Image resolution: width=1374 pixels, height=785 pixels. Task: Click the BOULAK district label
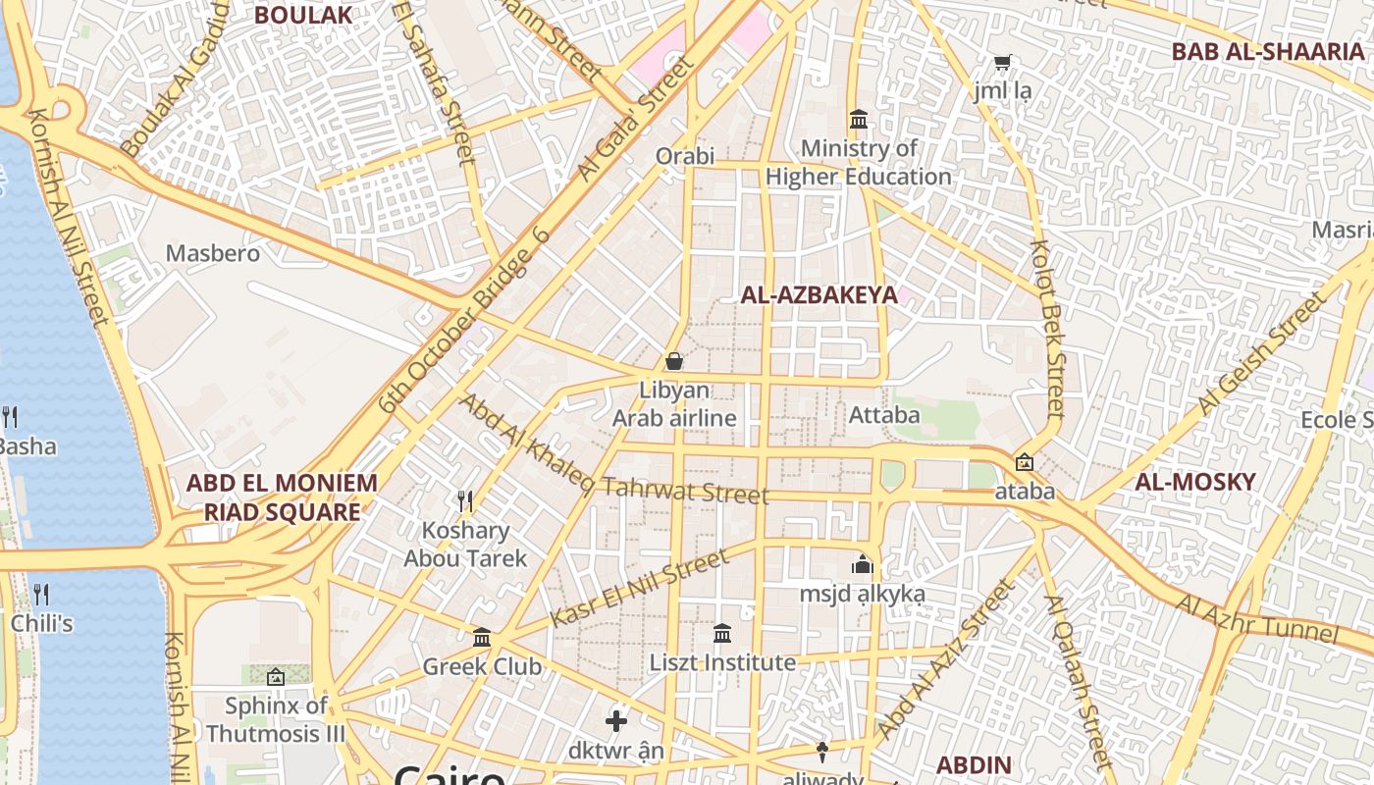coord(302,15)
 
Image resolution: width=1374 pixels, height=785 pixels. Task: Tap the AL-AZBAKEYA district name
coord(819,294)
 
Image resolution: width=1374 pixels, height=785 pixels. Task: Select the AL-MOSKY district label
coord(1195,482)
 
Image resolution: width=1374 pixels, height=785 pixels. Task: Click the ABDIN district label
coord(974,765)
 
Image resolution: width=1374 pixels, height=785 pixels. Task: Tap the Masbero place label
coord(213,253)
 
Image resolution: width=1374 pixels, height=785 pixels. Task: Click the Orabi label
coord(685,156)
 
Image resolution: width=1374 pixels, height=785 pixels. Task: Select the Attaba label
coord(885,415)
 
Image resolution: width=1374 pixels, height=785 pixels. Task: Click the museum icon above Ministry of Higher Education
coord(859,120)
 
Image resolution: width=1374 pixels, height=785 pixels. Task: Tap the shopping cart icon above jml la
coord(1002,63)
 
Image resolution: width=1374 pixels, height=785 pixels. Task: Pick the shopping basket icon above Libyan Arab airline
coord(674,361)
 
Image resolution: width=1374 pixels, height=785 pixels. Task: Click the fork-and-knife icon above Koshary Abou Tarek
coord(466,501)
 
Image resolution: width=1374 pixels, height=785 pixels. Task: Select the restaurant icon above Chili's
coord(41,594)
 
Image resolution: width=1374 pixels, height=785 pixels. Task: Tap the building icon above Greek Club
coord(482,638)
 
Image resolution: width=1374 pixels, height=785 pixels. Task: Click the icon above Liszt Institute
coord(722,633)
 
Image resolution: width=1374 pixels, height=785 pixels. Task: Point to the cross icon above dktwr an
coord(616,722)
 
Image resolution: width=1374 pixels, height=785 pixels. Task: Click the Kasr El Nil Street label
coord(640,588)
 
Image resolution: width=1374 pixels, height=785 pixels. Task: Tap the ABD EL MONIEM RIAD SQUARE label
coord(282,497)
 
